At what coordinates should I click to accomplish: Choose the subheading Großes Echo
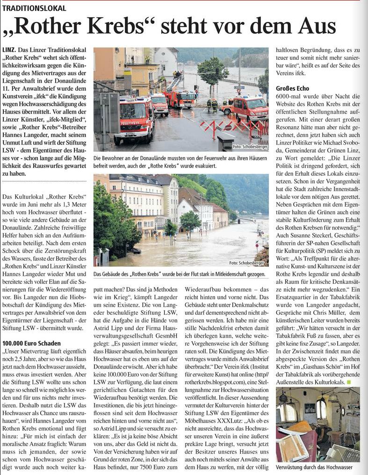pos(292,88)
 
